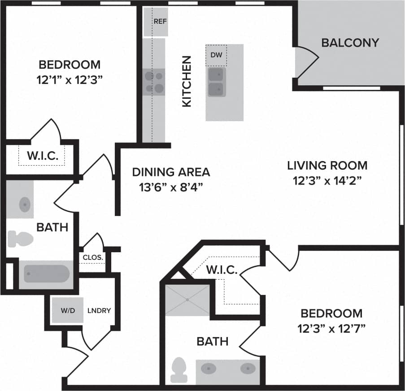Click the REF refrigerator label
160,21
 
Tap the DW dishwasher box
216,55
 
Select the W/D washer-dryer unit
68,310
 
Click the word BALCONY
350,43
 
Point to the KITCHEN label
186,81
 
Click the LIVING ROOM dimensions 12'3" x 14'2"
327,181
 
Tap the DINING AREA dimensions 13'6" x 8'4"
170,186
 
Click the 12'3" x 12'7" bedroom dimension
331,329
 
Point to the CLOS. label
93,258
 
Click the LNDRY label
99,310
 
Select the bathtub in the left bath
47,273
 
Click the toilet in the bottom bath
179,369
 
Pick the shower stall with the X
187,299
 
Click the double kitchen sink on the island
216,82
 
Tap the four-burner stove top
154,82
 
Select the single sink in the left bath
24,205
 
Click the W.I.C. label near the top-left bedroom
43,156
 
